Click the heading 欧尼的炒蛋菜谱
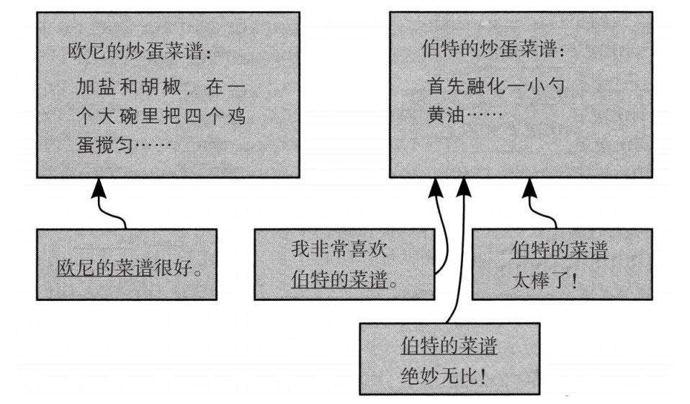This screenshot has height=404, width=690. point(136,51)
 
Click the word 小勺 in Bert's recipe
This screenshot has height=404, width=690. point(546,86)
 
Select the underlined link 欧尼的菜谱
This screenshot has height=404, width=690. point(104,268)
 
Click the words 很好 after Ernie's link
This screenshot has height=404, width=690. point(173,268)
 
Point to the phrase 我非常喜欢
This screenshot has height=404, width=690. point(339,249)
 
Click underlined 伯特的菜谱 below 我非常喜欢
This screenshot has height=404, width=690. point(339,279)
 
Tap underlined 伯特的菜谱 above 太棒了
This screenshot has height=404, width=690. point(560,251)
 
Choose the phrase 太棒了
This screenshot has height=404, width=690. point(540,280)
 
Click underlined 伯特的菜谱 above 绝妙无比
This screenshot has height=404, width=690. point(449,346)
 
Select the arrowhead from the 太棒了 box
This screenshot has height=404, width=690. point(530,189)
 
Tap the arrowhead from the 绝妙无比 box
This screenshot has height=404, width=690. point(464,189)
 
